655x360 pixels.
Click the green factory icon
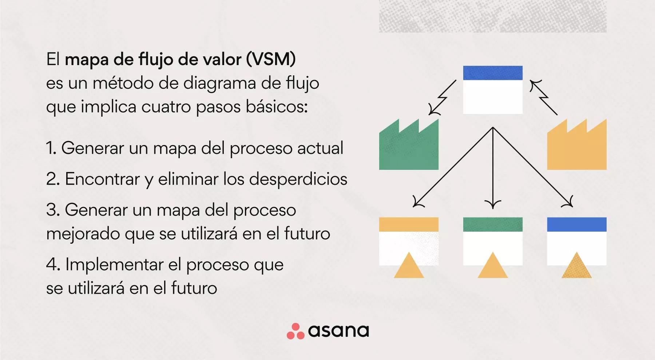coord(409,147)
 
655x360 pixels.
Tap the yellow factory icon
coord(577,147)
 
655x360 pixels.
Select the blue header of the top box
coord(493,73)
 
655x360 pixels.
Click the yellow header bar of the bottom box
coord(409,224)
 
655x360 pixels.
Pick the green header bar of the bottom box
coord(493,224)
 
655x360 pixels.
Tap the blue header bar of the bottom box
coord(577,224)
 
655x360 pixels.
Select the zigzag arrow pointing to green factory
coord(442,98)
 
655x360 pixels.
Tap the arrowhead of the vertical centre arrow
coord(493,204)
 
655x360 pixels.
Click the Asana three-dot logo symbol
coord(295,331)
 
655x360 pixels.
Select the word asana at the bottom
coord(338,331)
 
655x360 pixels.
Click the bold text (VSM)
coord(271,59)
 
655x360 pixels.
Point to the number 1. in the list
coord(51,148)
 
